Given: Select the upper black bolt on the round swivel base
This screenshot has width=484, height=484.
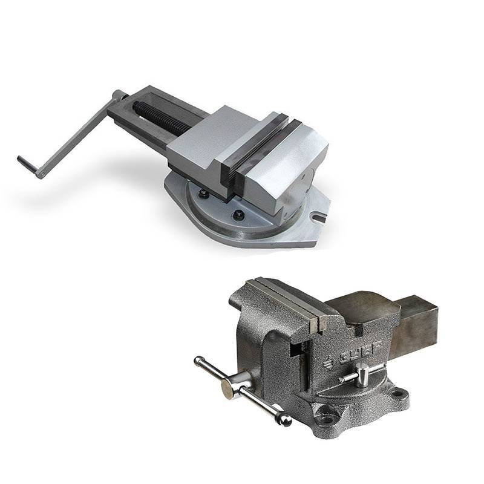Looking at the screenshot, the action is tap(204, 193).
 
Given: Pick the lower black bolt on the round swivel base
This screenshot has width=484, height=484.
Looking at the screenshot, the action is tap(238, 214).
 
